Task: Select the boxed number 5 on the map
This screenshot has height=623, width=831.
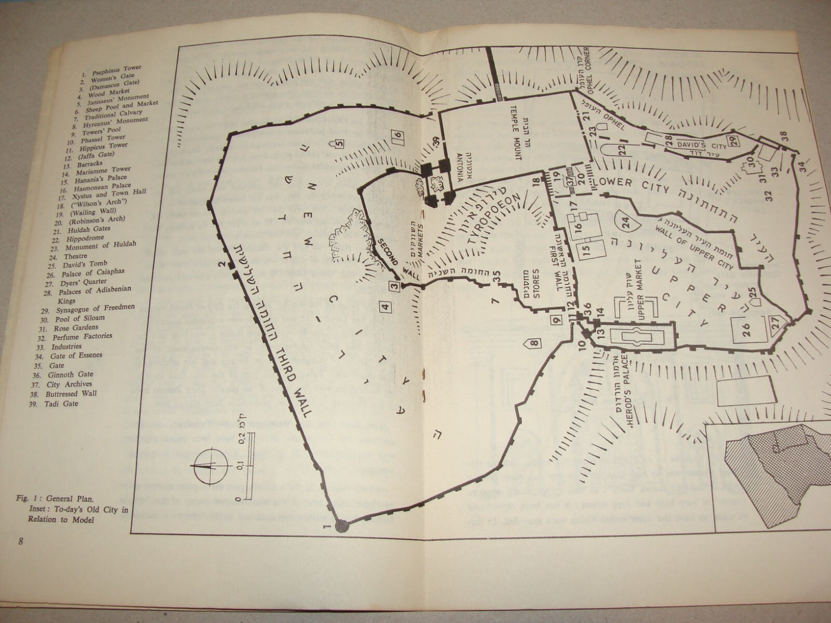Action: coord(340,144)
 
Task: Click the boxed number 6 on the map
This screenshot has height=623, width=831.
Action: coord(397,136)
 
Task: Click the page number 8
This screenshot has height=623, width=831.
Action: coord(21,541)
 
